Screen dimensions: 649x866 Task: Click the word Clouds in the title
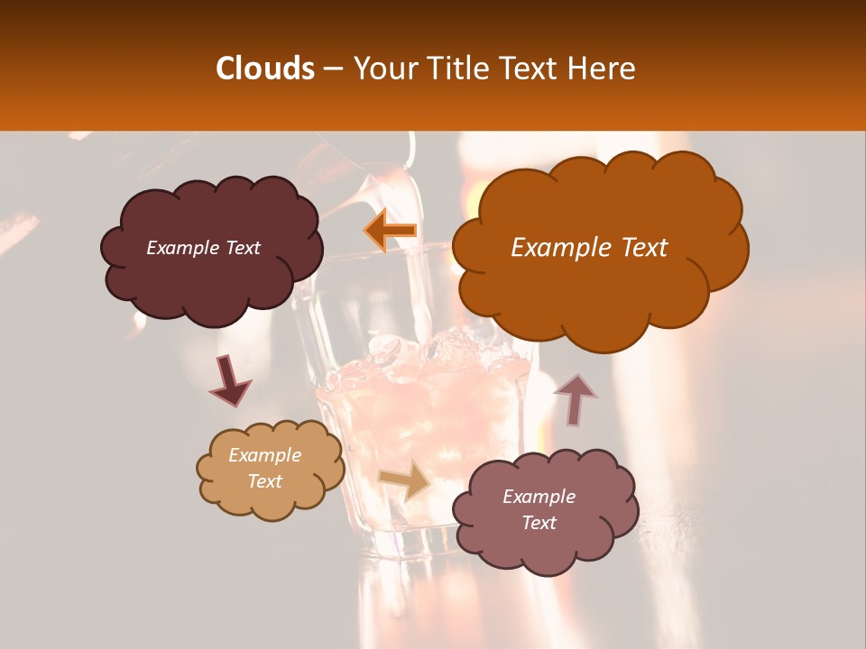(265, 69)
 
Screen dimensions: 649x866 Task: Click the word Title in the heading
(455, 69)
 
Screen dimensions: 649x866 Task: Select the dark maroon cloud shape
(211, 279)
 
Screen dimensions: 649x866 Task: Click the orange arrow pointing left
(391, 230)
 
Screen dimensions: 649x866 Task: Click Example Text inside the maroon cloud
(203, 248)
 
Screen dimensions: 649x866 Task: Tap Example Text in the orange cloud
(589, 248)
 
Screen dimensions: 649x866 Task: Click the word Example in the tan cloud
(264, 455)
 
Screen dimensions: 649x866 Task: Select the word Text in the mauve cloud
(539, 523)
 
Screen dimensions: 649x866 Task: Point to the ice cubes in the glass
(424, 357)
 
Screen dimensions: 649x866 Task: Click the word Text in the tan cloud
(264, 481)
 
